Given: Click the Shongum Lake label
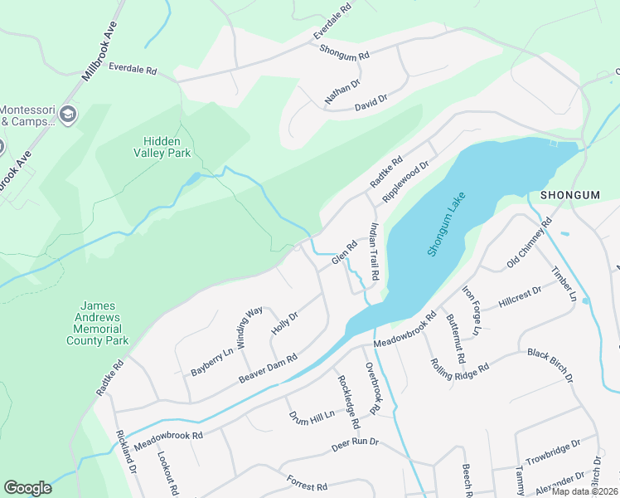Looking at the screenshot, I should point(447,225).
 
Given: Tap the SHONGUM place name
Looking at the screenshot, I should point(569,194).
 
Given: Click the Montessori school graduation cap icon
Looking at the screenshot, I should point(69,115).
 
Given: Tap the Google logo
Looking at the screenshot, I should point(27,488).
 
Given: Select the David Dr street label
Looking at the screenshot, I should point(371,103).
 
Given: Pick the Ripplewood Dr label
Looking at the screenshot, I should point(404,183).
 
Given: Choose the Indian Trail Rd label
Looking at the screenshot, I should point(374,251).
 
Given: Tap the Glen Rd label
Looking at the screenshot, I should point(344,253).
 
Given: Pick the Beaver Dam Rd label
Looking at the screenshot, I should point(268,369).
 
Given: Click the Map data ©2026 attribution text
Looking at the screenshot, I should point(585,491).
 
